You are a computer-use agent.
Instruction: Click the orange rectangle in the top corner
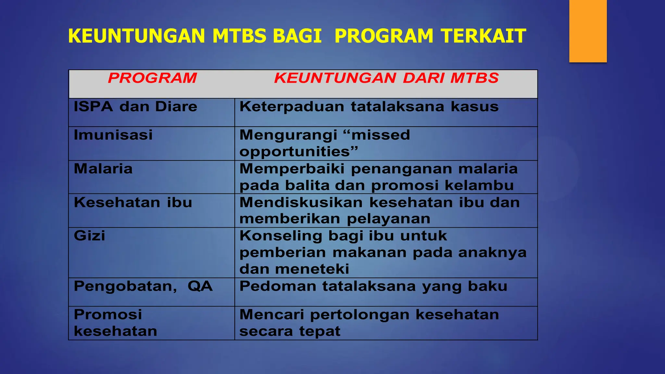tap(588, 31)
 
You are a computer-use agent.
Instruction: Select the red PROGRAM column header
tap(152, 78)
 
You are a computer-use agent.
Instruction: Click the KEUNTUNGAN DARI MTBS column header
tap(386, 78)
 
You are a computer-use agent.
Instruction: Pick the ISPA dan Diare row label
tap(135, 107)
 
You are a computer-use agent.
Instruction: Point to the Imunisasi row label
tap(113, 135)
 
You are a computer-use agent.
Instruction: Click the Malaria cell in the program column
tap(103, 169)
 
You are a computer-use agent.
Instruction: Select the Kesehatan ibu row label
tap(133, 203)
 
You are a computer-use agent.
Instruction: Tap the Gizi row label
tap(90, 236)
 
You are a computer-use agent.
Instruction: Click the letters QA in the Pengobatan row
tap(200, 286)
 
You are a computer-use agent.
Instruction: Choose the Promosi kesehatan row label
tap(115, 323)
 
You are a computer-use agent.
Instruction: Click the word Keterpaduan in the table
tap(292, 107)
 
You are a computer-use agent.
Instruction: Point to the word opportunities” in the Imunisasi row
tap(298, 152)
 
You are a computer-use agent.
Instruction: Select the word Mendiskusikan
tap(301, 203)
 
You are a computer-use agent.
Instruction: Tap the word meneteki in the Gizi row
tap(312, 269)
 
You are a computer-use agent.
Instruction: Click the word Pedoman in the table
tap(278, 286)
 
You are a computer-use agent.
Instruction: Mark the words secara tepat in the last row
tap(290, 331)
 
